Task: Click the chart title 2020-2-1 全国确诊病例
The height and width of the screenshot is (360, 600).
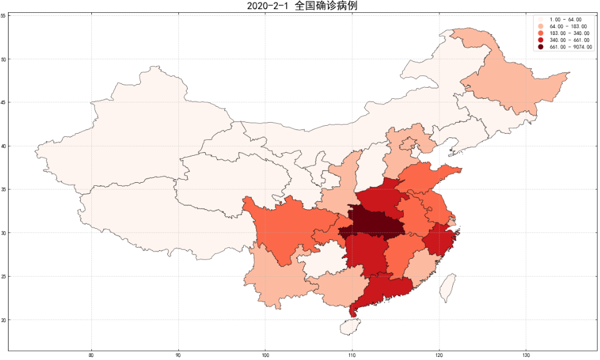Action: click(x=301, y=6)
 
